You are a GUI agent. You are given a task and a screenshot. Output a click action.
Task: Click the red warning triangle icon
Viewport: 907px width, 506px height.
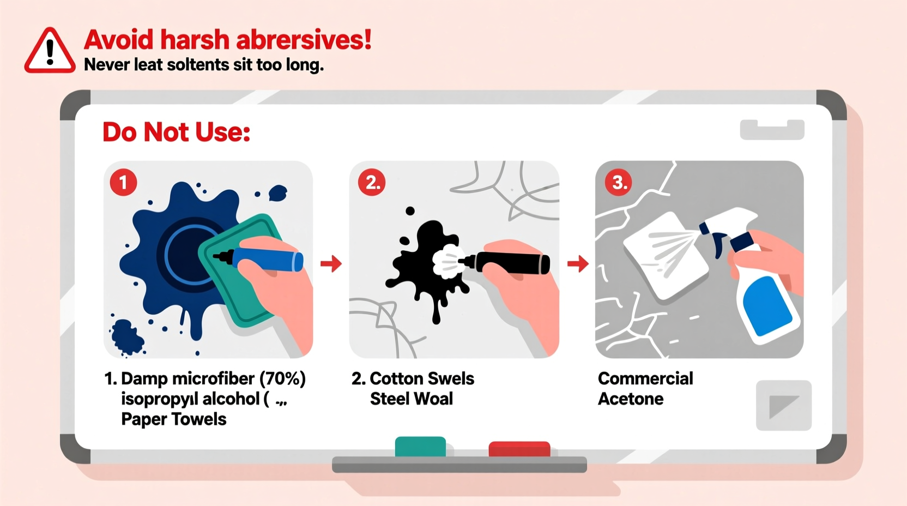coord(50,51)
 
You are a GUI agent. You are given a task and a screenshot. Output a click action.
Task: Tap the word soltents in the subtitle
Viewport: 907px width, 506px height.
coord(198,65)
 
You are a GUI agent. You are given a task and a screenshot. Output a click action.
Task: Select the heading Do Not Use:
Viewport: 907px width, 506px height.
coord(176,132)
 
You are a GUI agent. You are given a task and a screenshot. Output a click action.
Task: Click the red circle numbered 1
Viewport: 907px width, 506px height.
coord(123,183)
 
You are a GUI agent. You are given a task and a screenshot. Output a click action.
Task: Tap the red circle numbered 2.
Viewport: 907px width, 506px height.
coord(372,183)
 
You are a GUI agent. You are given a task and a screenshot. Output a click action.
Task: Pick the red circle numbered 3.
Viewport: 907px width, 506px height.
coord(619,183)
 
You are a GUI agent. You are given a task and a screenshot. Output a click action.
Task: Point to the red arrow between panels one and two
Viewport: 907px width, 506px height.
coord(331,264)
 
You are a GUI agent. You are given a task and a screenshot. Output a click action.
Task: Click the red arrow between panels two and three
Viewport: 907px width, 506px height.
coord(578,264)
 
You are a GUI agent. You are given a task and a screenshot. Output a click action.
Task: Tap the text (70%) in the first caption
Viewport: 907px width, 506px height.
coord(282,378)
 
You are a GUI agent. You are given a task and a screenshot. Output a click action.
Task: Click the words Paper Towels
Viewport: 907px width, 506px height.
coord(173,419)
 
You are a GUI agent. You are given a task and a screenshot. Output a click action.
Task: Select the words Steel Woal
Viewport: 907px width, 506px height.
coord(411,399)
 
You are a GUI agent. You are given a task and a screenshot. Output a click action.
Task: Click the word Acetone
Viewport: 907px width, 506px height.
coord(631,399)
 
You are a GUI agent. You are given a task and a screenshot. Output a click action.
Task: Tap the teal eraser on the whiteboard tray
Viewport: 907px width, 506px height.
coord(420,446)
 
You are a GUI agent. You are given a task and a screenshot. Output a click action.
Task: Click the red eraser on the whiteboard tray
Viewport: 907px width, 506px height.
coord(519,449)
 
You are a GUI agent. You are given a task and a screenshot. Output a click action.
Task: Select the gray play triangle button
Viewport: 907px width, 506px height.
coord(783,406)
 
